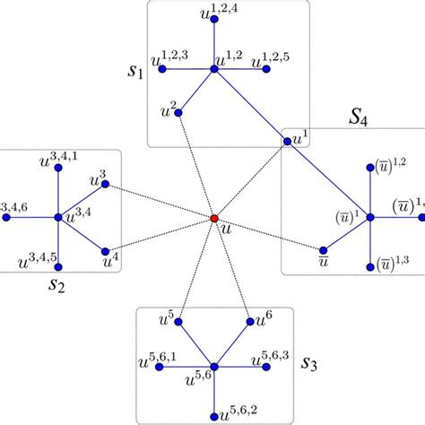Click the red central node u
[214, 218]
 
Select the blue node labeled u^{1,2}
[214, 68]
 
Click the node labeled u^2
[178, 114]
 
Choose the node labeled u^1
[286, 141]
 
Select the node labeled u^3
[106, 186]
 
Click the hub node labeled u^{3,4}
[58, 218]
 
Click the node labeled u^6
[248, 320]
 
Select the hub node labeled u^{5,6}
[214, 366]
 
